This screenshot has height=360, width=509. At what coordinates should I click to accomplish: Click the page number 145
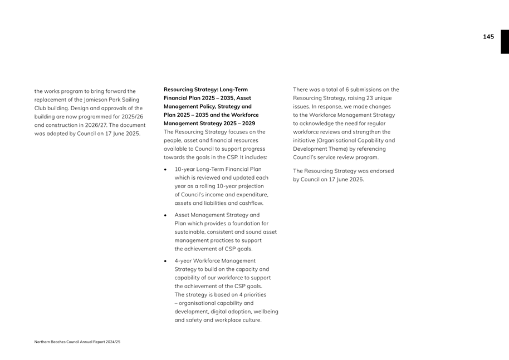[x=488, y=37]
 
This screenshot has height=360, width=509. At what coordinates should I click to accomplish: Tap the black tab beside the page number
[x=504, y=42]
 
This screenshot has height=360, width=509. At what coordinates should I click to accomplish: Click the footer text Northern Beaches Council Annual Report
[x=77, y=342]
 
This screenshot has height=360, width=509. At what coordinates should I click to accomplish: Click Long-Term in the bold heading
[x=233, y=90]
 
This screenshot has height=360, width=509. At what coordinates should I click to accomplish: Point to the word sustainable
[x=193, y=232]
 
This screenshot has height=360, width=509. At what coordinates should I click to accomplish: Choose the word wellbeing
[x=265, y=312]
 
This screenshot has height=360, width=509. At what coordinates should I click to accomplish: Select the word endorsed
[x=381, y=171]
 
